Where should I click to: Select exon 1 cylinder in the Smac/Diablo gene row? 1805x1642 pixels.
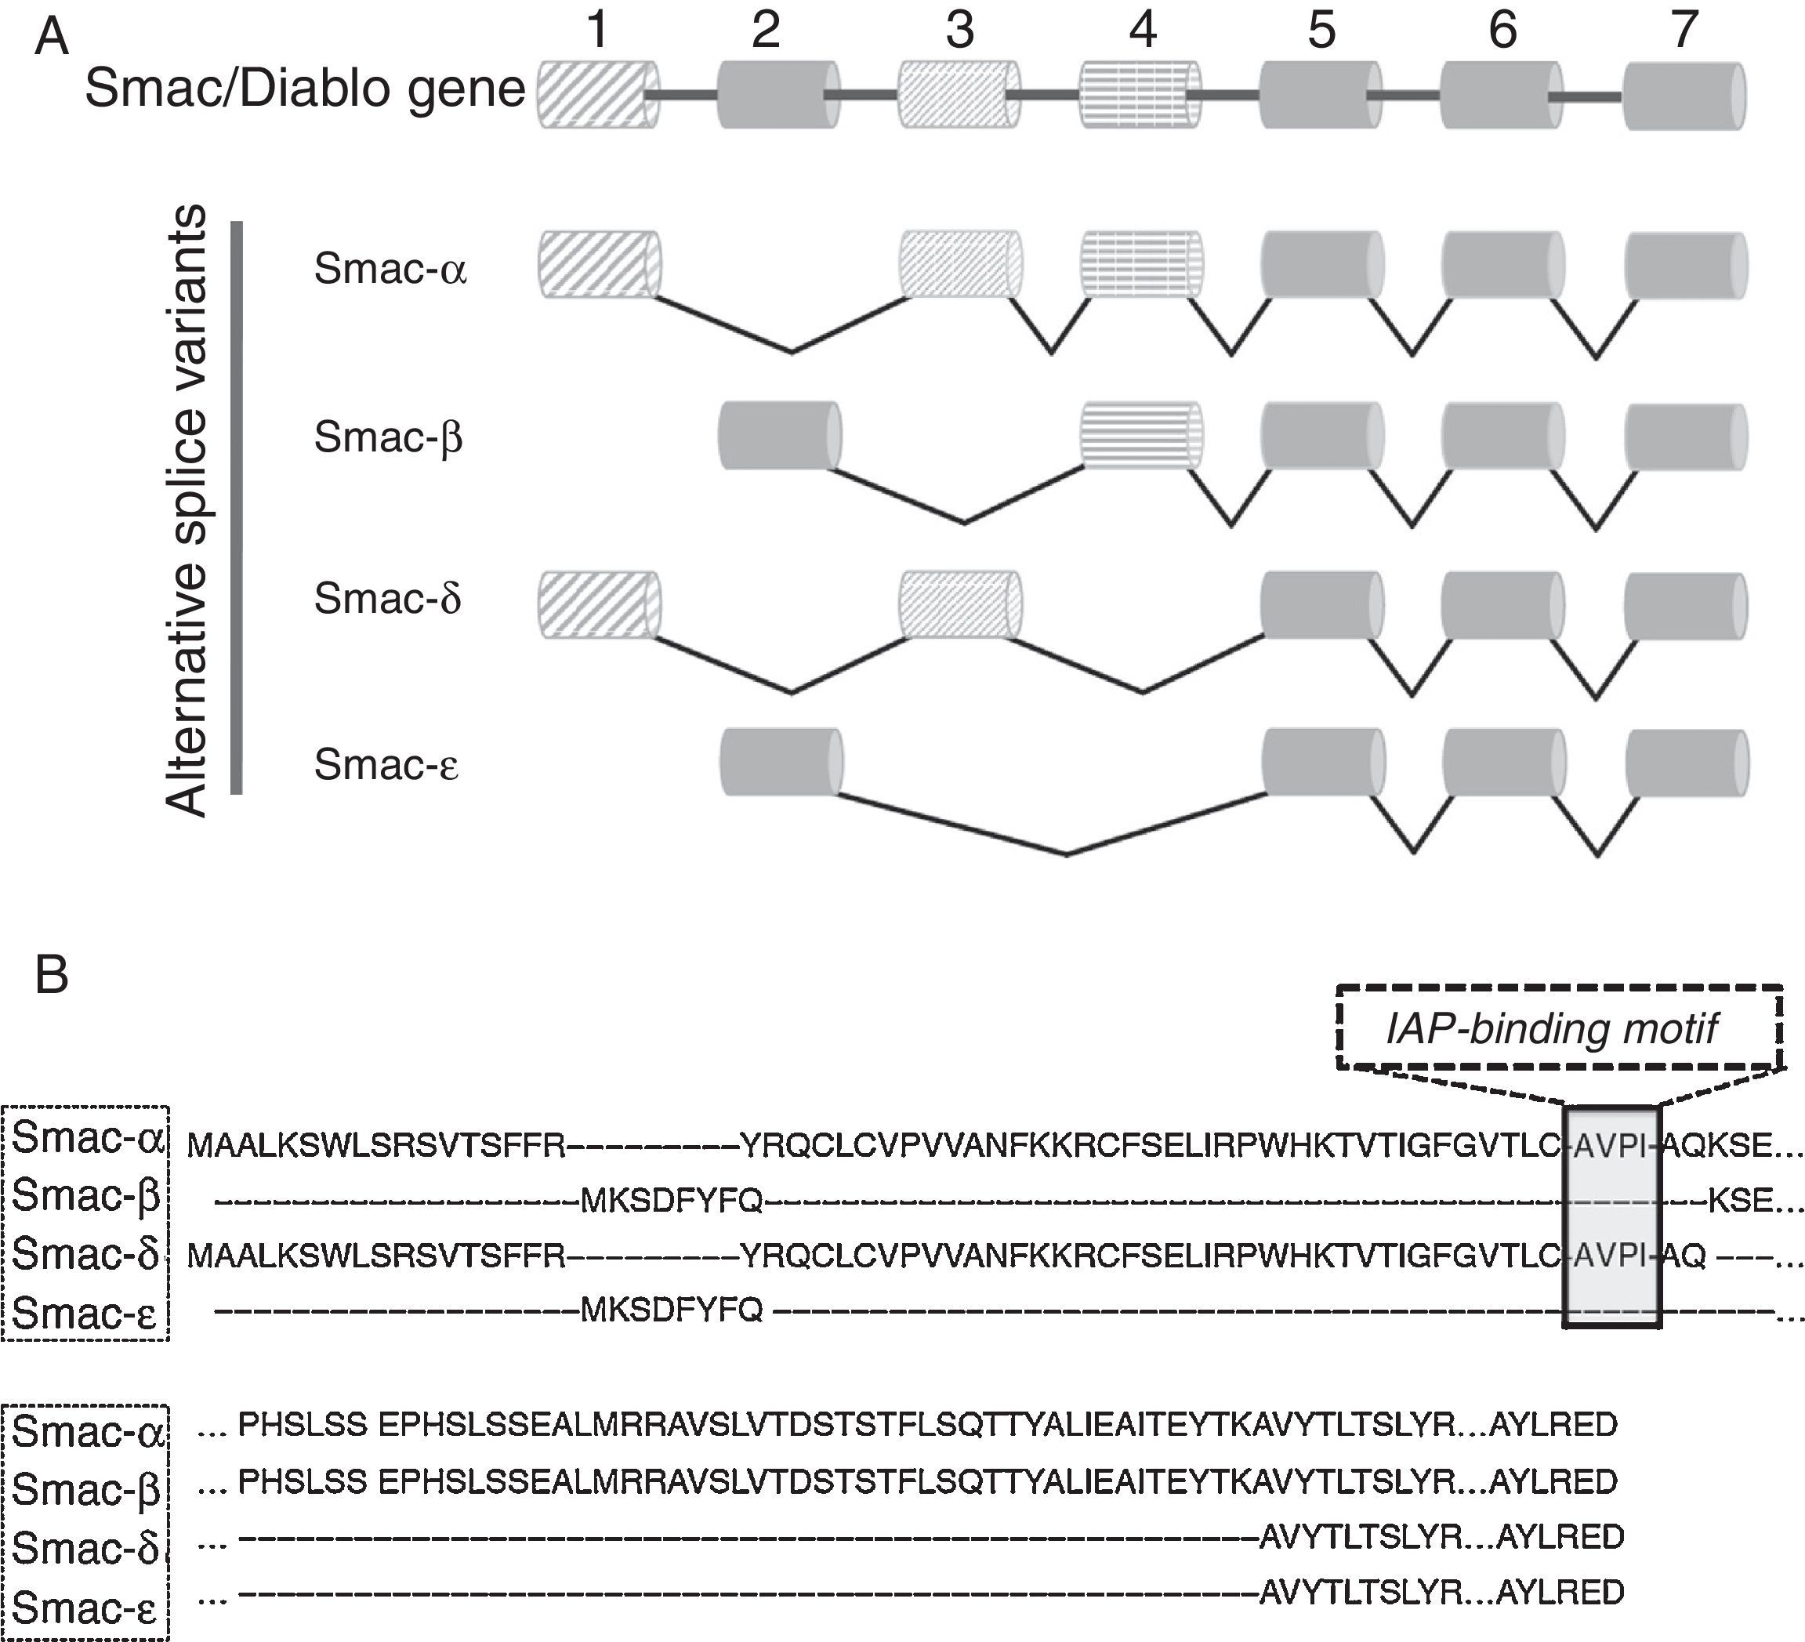tap(597, 94)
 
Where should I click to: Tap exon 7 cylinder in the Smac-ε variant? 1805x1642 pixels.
tap(1686, 763)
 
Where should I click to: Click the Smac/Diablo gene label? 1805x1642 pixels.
tap(304, 89)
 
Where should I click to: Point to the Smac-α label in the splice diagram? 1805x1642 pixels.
tap(390, 269)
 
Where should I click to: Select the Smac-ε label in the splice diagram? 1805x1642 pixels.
tap(386, 765)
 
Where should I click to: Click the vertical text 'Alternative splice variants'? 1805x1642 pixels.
tap(188, 510)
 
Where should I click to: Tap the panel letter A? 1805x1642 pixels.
tap(51, 39)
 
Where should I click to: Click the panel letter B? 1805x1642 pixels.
tap(51, 975)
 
